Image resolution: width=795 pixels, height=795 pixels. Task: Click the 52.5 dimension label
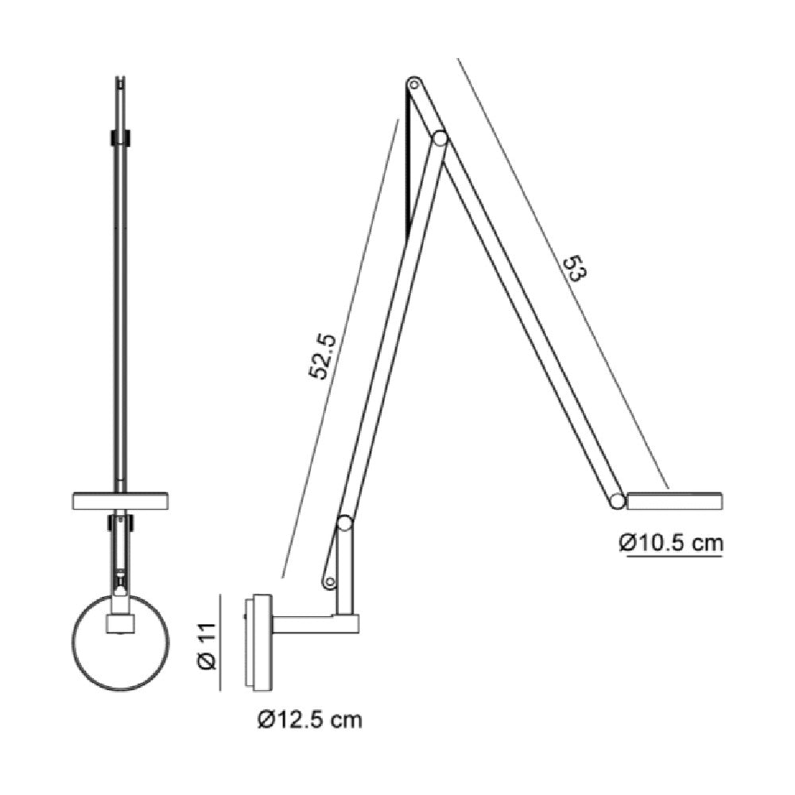pyautogui.click(x=323, y=356)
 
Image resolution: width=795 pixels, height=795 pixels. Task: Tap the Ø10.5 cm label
pyautogui.click(x=671, y=543)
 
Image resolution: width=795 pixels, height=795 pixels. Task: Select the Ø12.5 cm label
pyautogui.click(x=310, y=719)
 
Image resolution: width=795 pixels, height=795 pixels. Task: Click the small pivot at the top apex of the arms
pyautogui.click(x=413, y=83)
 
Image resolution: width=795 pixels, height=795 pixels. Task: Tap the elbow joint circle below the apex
pyautogui.click(x=439, y=138)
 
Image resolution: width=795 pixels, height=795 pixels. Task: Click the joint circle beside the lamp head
pyautogui.click(x=617, y=501)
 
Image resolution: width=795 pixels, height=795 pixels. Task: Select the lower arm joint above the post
pyautogui.click(x=345, y=523)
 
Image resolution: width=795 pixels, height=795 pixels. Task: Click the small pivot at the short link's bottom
pyautogui.click(x=330, y=583)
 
